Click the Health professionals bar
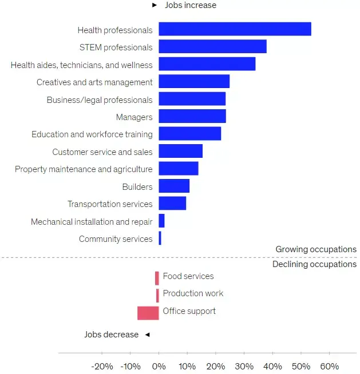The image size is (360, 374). click(x=235, y=29)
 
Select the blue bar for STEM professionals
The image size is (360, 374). click(x=212, y=46)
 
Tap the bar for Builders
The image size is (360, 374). click(x=174, y=186)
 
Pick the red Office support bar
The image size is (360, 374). click(x=148, y=313)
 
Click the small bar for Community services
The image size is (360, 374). click(x=160, y=238)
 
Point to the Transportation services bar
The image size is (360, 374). click(x=172, y=204)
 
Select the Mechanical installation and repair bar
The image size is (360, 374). click(x=161, y=221)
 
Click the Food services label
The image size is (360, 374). click(x=188, y=276)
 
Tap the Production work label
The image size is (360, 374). click(x=193, y=293)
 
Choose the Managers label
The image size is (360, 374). click(x=134, y=117)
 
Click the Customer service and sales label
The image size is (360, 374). click(x=102, y=152)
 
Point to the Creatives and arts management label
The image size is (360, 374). click(x=94, y=82)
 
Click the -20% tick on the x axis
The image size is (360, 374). click(x=102, y=366)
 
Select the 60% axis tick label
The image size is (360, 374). click(x=329, y=366)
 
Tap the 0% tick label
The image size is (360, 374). click(x=159, y=366)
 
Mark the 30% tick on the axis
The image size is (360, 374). click(x=244, y=366)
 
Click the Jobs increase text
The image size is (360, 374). click(x=191, y=5)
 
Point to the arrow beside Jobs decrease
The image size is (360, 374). click(x=147, y=335)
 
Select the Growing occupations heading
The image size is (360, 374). click(x=316, y=249)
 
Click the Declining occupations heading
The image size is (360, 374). click(x=314, y=264)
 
